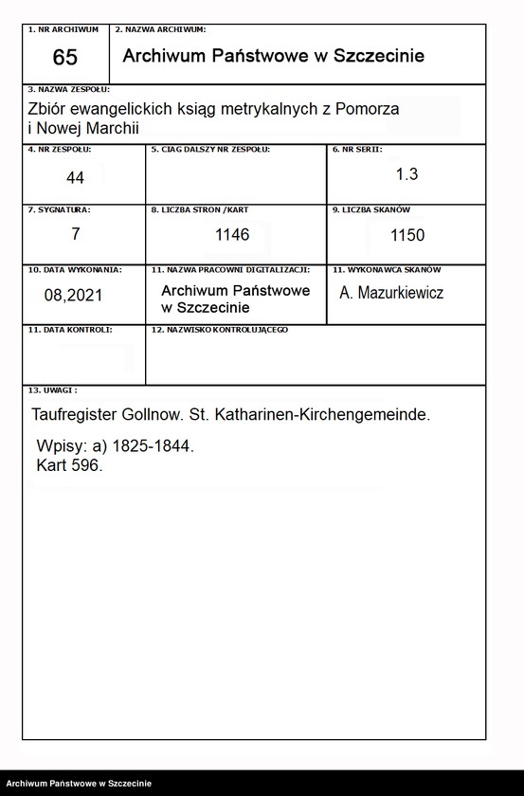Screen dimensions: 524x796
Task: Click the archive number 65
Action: tap(65, 58)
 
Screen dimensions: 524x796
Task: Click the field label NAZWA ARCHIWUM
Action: tap(164, 30)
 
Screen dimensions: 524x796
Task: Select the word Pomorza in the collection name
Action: tap(368, 109)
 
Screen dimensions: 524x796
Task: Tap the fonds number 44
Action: tap(76, 177)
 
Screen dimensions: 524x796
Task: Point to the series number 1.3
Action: tap(407, 174)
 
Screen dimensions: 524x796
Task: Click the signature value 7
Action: tap(75, 233)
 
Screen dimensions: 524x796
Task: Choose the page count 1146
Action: tap(232, 235)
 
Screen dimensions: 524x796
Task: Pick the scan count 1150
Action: tap(407, 235)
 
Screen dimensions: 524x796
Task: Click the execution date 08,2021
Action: tap(73, 295)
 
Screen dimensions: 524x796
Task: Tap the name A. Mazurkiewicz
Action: tap(391, 293)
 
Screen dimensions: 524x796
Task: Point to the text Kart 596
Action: tap(68, 466)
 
